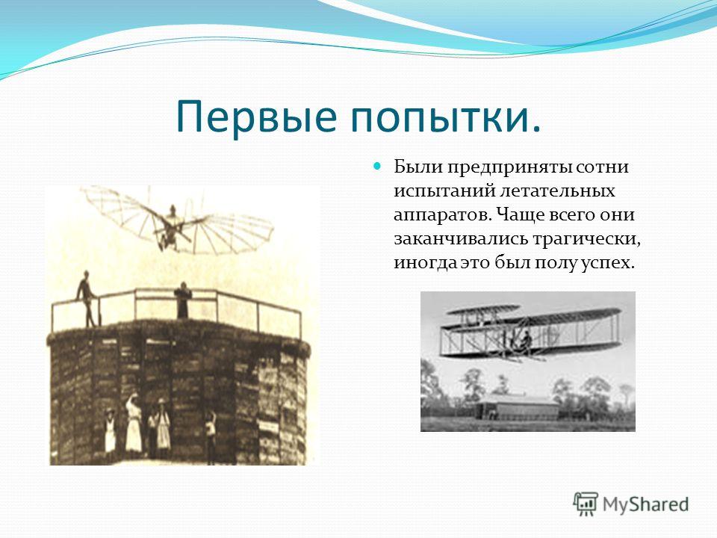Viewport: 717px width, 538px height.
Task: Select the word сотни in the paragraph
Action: pyautogui.click(x=602, y=167)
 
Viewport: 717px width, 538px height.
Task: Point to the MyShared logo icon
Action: pyautogui.click(x=586, y=504)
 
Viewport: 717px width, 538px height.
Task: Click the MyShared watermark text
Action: pyautogui.click(x=645, y=504)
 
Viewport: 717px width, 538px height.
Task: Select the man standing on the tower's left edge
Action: pyautogui.click(x=87, y=298)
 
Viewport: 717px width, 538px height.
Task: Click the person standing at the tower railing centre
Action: pyautogui.click(x=182, y=300)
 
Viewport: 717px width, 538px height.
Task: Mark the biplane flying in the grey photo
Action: pyautogui.click(x=530, y=331)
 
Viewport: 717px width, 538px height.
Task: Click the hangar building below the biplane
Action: pyautogui.click(x=517, y=406)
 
